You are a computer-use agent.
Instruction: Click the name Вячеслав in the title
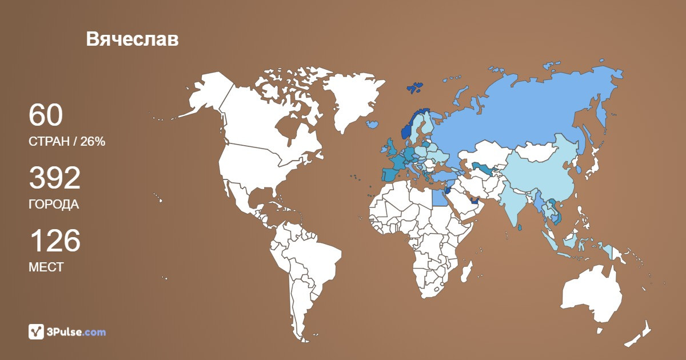[132, 39]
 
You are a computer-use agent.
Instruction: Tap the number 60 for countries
[45, 115]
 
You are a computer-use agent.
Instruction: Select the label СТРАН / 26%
[66, 142]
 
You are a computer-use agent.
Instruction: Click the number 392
[54, 178]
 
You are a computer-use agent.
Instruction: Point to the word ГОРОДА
[53, 205]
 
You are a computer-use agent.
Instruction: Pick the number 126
[54, 241]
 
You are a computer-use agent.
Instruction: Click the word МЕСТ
[46, 267]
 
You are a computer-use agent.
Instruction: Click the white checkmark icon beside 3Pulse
[36, 332]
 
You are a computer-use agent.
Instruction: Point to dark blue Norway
[407, 130]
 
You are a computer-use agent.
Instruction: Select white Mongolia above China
[540, 153]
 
